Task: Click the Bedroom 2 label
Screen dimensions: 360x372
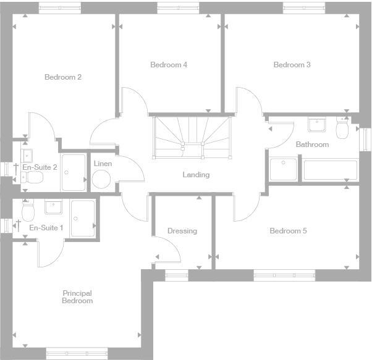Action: click(63, 77)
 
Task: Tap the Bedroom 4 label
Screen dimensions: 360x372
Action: click(168, 65)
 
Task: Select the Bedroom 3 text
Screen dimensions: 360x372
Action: click(292, 65)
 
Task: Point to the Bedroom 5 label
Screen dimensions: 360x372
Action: click(288, 231)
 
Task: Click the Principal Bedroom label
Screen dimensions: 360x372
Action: click(77, 297)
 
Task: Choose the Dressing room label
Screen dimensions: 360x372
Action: click(182, 231)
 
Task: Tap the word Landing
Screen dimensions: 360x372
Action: click(196, 175)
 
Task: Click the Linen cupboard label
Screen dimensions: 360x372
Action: click(103, 164)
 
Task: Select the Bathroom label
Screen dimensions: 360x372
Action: click(312, 144)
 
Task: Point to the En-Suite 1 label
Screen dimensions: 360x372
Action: click(46, 228)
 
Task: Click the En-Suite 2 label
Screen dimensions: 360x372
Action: click(40, 167)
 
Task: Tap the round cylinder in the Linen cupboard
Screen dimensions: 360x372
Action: click(101, 180)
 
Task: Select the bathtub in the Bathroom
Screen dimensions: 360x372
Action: click(329, 170)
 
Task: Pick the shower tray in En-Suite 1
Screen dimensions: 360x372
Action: click(82, 218)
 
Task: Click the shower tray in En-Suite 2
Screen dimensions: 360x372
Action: click(74, 172)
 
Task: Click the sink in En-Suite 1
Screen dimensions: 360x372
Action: click(53, 207)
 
